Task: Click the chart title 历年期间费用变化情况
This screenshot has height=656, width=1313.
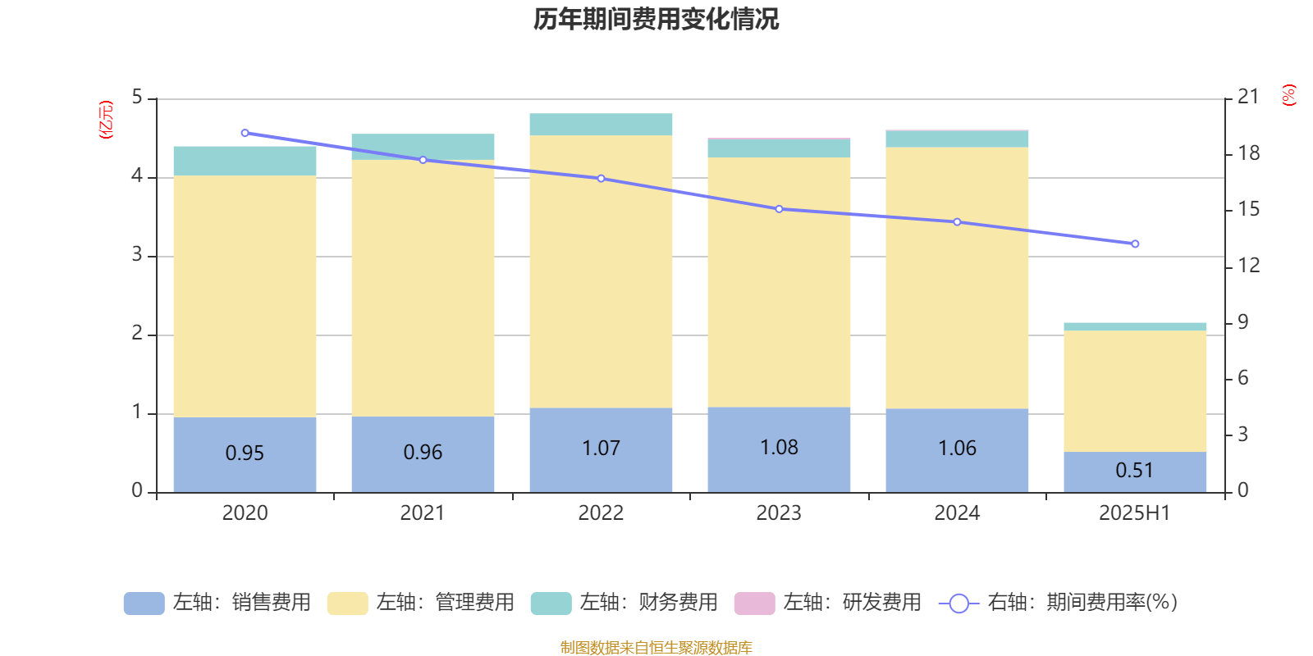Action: (x=656, y=20)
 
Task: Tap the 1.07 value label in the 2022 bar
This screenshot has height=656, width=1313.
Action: (x=601, y=449)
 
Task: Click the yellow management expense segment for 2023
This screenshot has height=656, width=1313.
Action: (x=779, y=282)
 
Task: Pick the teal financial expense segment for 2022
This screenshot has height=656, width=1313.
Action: (x=601, y=125)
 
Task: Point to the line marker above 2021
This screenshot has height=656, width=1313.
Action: (x=423, y=160)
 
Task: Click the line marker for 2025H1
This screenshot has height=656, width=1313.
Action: (x=1135, y=244)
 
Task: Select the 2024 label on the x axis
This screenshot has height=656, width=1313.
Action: (x=957, y=513)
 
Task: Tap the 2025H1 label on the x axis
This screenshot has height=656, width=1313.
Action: (x=1135, y=513)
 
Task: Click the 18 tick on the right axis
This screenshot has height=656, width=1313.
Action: (x=1248, y=153)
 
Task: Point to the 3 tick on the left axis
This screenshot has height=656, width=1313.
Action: (x=137, y=255)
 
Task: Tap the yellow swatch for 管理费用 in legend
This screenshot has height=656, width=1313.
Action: (x=347, y=604)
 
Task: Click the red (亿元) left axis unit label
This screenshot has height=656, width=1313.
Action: (x=106, y=120)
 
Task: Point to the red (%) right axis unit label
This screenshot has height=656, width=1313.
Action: (x=1288, y=95)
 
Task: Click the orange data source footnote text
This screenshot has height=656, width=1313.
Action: (x=656, y=648)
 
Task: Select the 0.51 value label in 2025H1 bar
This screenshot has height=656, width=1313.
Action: (x=1135, y=471)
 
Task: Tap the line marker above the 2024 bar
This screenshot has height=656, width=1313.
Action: (x=957, y=222)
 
